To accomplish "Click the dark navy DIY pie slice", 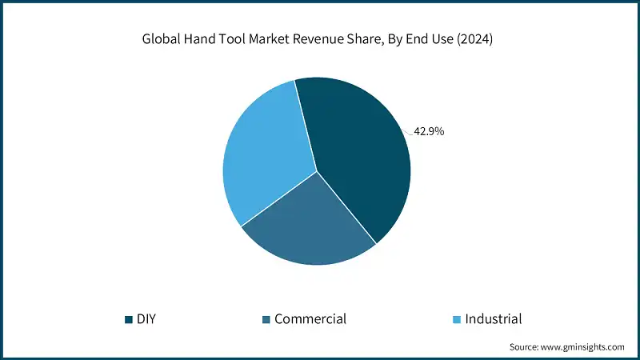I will click(x=360, y=152).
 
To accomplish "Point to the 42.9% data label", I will click(x=428, y=131).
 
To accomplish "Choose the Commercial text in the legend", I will click(x=310, y=319).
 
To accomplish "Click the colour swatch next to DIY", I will click(x=128, y=320).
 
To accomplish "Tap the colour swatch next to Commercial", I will click(x=266, y=320).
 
